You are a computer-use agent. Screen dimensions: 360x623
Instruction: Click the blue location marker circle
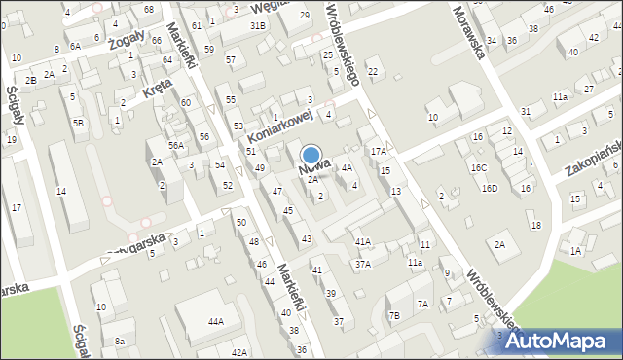311,155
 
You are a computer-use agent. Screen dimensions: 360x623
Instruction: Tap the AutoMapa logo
558,341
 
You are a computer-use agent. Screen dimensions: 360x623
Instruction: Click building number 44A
215,321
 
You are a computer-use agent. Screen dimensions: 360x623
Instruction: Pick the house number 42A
239,352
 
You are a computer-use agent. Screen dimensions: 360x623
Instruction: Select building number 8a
119,342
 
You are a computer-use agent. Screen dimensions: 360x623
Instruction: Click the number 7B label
393,315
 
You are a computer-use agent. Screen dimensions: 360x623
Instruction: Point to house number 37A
362,265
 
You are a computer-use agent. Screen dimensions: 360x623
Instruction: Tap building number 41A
362,241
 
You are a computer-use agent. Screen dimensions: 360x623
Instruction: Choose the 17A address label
378,152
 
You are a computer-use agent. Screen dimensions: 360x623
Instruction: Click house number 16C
478,167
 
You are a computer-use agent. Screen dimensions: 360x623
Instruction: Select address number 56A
175,145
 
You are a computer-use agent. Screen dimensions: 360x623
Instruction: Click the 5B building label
78,124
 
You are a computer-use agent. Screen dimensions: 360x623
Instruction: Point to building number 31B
258,25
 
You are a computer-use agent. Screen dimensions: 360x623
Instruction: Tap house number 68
148,9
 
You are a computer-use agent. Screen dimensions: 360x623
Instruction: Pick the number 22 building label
372,72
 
